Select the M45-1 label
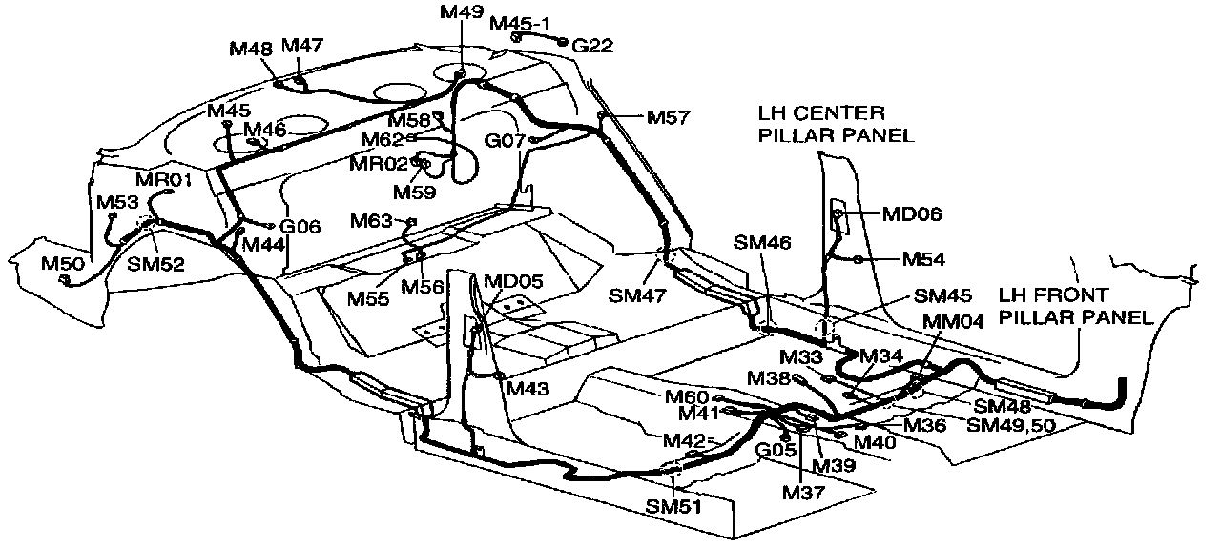(x=522, y=22)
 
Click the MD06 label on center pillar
(x=912, y=214)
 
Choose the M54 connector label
(x=924, y=258)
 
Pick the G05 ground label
(x=776, y=449)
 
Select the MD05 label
(x=513, y=281)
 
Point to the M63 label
(x=371, y=222)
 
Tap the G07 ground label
(x=506, y=141)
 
